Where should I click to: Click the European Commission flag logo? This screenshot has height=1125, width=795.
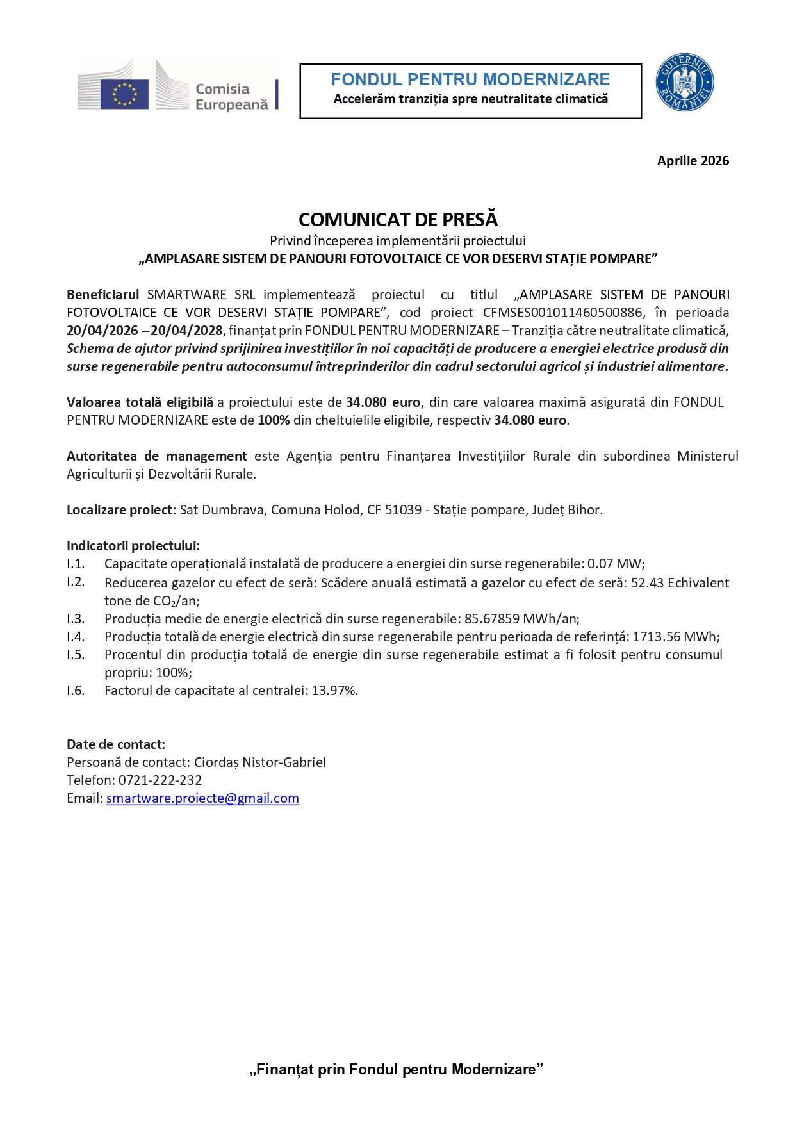point(124,94)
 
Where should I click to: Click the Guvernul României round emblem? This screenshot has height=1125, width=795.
point(684,83)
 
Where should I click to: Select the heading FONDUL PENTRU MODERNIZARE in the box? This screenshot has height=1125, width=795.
point(470,79)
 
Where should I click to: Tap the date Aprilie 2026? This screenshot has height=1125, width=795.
point(693,161)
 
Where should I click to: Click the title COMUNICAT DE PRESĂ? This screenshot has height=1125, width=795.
point(398,220)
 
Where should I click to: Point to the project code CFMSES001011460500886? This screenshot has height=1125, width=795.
point(562,313)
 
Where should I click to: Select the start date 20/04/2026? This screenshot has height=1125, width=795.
point(102,331)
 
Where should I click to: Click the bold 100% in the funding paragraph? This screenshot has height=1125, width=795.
point(274,420)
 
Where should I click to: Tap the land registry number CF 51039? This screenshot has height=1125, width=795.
point(394,510)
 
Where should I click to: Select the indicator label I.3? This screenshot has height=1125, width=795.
point(76,619)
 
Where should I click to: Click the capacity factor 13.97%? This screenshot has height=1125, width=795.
point(334,691)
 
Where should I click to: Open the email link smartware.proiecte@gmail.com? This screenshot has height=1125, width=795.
point(202,798)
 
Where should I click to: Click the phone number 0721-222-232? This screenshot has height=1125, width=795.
point(160,780)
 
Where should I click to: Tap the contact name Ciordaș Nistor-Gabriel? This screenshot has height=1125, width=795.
point(259,762)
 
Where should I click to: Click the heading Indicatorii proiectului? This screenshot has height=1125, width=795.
point(133,546)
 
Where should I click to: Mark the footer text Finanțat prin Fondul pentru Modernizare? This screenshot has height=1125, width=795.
point(396,1069)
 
